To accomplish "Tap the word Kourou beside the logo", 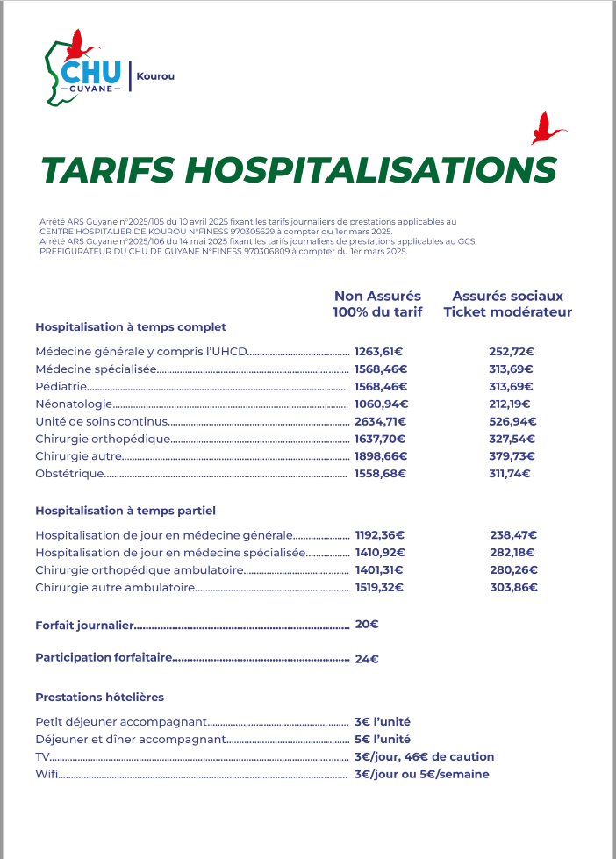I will pos(155,76).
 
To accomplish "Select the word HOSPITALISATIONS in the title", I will pos(372,170).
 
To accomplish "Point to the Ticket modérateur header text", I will pos(507,312).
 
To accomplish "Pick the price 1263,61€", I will pos(378,352).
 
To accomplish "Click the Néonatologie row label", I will pos(74,404).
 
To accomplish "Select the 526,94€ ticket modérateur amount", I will pos(512,421).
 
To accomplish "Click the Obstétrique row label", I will pos(69,474).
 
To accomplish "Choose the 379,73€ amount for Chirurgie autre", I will pos(512,456).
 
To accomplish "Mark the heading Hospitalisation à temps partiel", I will pos(125,510).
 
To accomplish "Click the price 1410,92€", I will pos(380,553).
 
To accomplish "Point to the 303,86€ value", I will pos(513,588).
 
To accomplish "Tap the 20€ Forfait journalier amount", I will pos(367,625).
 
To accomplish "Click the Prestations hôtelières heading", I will pos(99,697).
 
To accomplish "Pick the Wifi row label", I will pos(46,774).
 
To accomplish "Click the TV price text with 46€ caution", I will pos(424,756).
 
